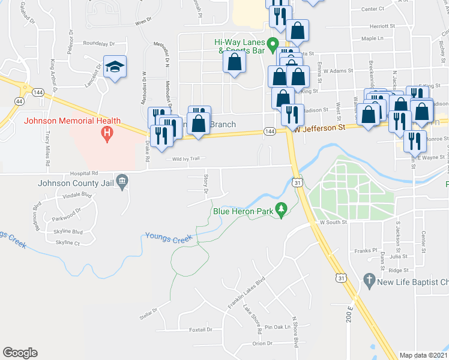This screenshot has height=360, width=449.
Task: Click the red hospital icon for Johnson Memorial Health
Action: [107, 133]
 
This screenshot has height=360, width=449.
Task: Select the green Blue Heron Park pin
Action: [280, 209]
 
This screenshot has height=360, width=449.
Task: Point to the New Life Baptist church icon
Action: [369, 280]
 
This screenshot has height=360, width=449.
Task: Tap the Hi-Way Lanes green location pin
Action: [273, 43]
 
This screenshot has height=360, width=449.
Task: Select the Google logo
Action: [20, 353]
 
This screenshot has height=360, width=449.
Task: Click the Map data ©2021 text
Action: [423, 355]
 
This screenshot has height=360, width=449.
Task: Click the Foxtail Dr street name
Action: [200, 329]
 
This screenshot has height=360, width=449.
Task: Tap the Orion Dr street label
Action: [262, 344]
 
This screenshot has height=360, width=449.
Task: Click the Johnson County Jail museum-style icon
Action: [122, 181]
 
